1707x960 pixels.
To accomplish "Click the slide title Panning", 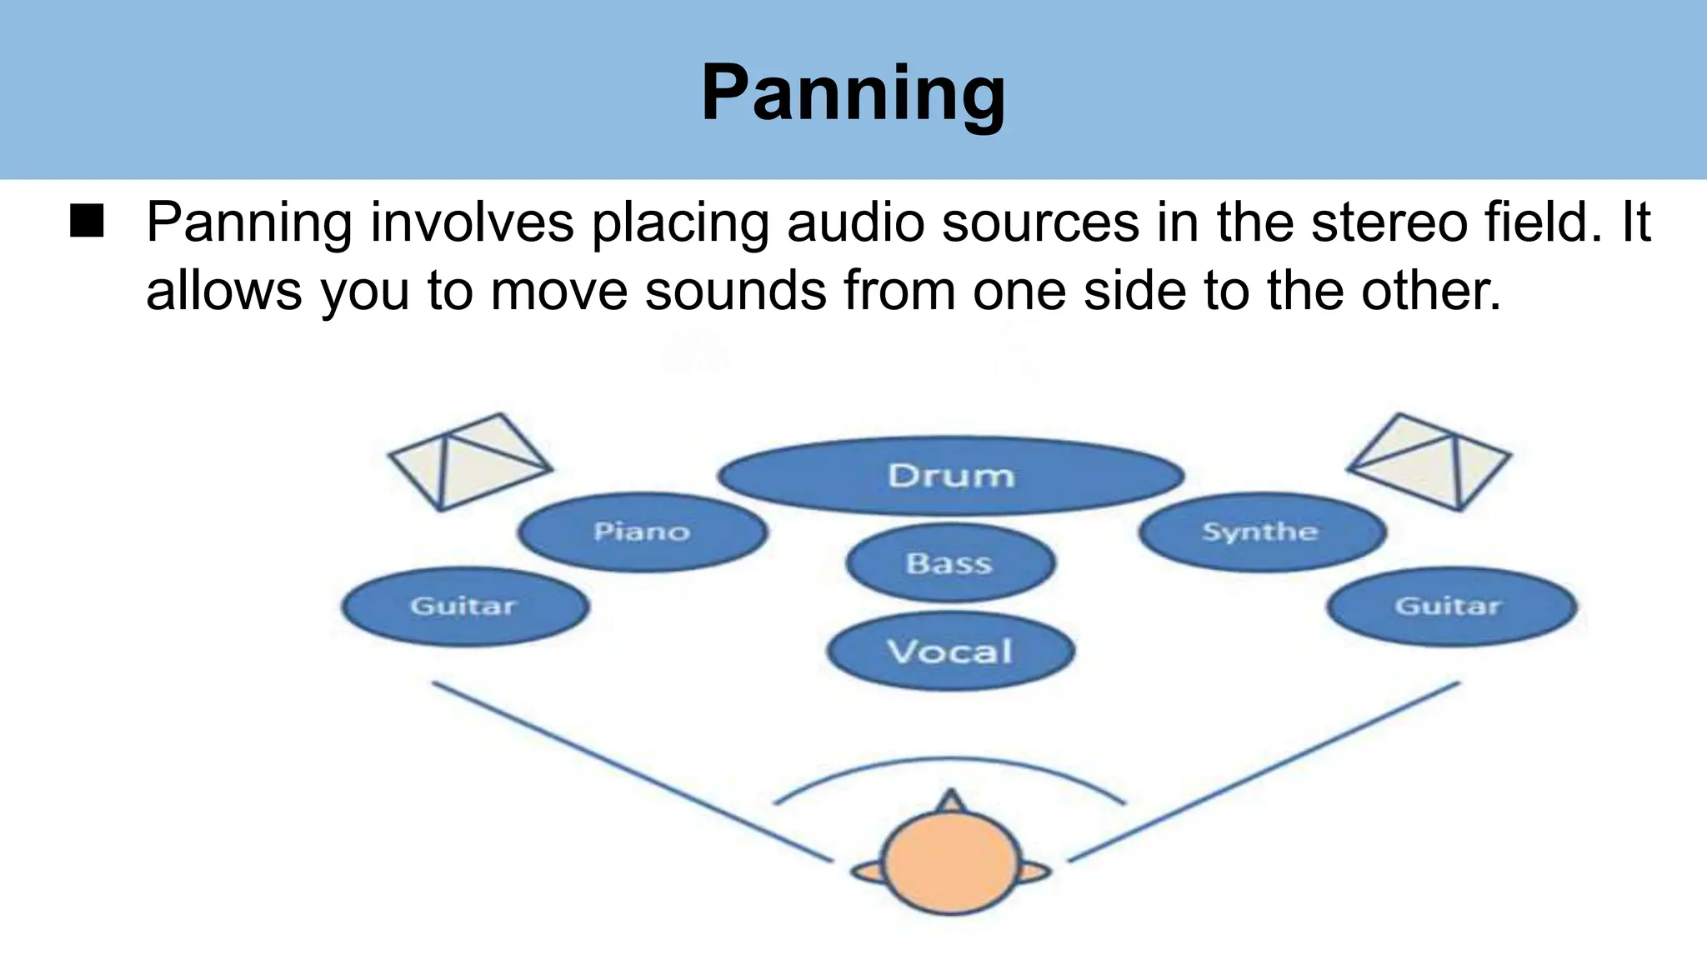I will point(853,93).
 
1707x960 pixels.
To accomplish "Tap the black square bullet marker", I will point(87,222).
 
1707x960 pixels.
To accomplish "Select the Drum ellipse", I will point(951,476).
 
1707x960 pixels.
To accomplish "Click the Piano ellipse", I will point(642,532).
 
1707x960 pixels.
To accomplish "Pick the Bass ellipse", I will point(950,563).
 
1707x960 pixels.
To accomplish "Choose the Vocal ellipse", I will point(950,651).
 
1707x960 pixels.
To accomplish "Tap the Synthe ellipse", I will point(1261,532).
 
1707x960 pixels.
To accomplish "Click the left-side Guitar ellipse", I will point(464,606).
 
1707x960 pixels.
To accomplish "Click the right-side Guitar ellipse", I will point(1450,606).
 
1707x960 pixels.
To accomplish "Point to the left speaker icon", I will point(469,461).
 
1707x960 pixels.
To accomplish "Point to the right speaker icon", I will point(1429,461).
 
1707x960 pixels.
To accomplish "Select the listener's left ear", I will point(867,872).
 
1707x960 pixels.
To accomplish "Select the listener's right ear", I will point(1034,872).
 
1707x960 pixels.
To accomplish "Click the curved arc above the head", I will point(950,760).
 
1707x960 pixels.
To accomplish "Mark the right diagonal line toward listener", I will point(1264,771).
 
